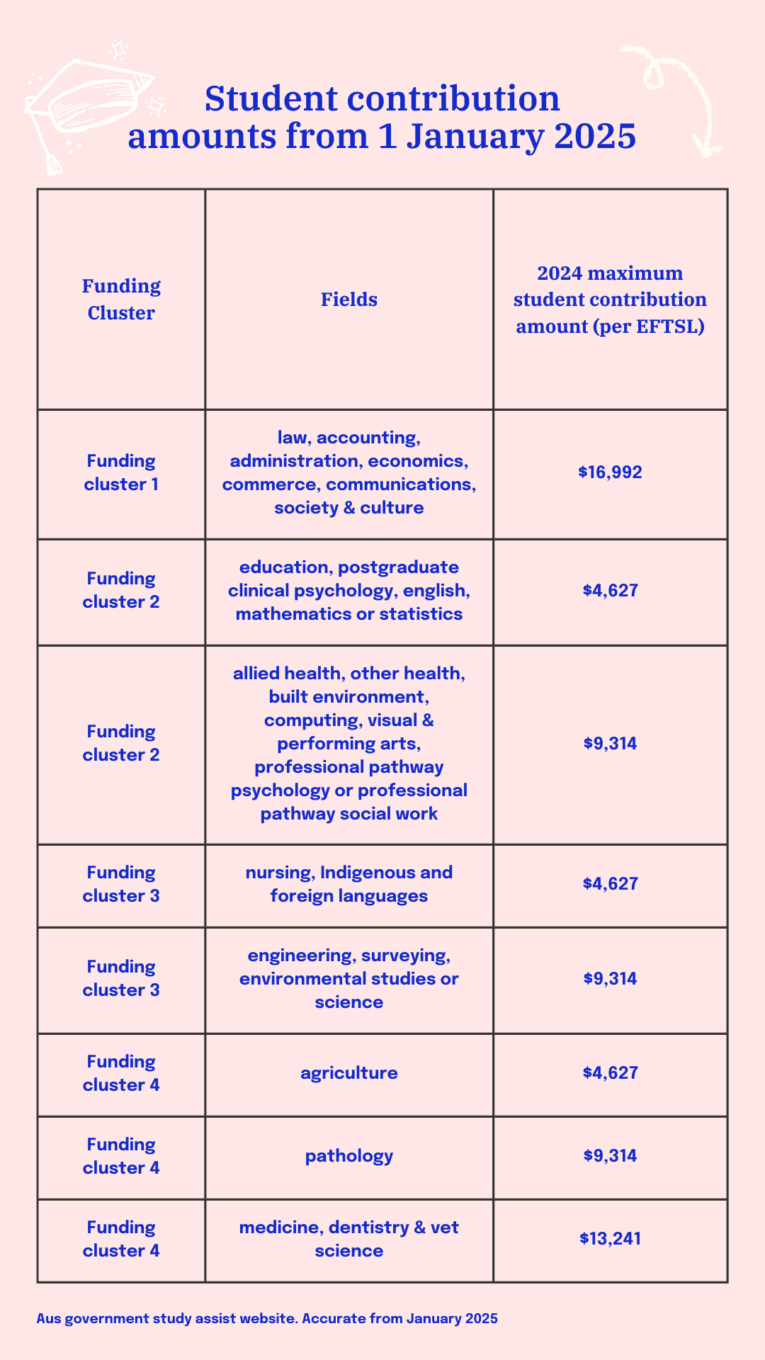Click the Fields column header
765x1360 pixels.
click(x=348, y=300)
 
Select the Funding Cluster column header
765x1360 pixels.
click(x=121, y=300)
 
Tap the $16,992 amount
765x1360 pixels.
click(x=610, y=472)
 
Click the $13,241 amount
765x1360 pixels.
click(x=610, y=1238)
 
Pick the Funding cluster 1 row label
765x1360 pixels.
click(x=121, y=472)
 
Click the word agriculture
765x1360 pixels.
click(x=348, y=1073)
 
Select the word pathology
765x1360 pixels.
click(x=348, y=1156)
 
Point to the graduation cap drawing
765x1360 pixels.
click(x=89, y=106)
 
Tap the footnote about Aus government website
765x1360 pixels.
click(x=267, y=1318)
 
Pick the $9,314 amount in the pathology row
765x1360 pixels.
click(x=610, y=1156)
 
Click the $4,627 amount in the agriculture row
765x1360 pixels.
click(x=610, y=1073)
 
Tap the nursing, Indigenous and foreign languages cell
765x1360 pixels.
click(x=348, y=884)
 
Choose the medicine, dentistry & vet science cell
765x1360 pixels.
click(x=348, y=1238)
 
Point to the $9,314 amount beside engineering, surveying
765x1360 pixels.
click(x=610, y=979)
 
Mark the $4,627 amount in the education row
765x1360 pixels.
click(x=610, y=591)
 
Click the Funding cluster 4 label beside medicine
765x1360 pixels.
click(x=121, y=1238)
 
